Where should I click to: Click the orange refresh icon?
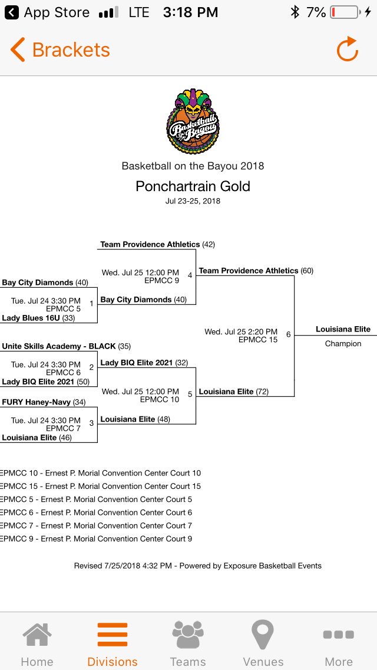coord(348,50)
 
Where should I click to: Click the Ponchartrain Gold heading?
coord(193,186)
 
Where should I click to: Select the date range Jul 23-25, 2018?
coord(193,201)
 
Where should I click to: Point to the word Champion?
coord(343,343)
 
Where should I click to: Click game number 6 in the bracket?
coord(288,334)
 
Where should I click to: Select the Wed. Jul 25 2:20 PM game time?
coord(241,331)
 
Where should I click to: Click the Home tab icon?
coord(37,636)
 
